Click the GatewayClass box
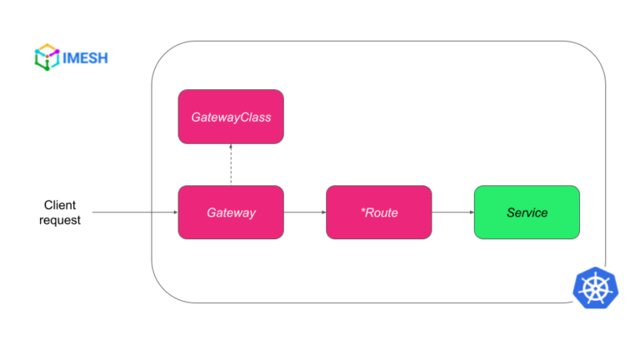[x=231, y=117]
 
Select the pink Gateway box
[x=231, y=212]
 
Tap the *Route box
[x=378, y=212]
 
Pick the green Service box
[x=527, y=212]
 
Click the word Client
[x=60, y=204]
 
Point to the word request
[x=60, y=221]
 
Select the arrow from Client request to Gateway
[x=133, y=212]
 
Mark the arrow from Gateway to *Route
[x=304, y=212]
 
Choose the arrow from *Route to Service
[x=452, y=212]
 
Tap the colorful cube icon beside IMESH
[x=46, y=57]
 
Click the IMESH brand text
[x=86, y=57]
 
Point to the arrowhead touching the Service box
[x=470, y=212]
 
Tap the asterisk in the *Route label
[x=362, y=211]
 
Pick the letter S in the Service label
[x=511, y=212]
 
